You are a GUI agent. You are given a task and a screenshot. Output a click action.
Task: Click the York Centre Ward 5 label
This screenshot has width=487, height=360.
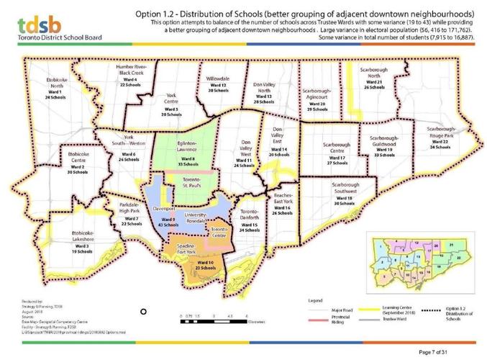pos(171,104)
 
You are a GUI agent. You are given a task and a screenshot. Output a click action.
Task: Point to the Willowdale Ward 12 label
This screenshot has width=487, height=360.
pos(218,86)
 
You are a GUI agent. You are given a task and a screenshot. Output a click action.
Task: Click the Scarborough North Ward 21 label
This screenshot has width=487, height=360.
pos(374,78)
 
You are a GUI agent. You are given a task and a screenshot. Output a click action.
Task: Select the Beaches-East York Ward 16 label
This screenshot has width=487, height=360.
pos(281,204)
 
